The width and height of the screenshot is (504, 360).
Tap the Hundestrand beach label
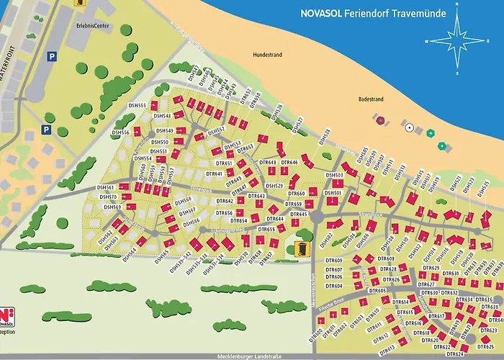(x=267, y=54)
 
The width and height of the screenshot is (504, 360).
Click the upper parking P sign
(x=51, y=55)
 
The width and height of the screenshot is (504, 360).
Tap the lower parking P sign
(x=45, y=130)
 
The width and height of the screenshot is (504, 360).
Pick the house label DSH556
(x=120, y=133)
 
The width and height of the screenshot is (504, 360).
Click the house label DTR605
(x=379, y=290)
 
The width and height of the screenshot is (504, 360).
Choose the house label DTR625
(x=486, y=347)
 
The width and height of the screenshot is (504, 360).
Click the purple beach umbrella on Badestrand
(x=381, y=120)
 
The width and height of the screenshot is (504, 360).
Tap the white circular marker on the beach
(x=409, y=127)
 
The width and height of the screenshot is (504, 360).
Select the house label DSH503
(x=334, y=175)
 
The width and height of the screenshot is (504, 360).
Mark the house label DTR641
(x=215, y=173)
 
